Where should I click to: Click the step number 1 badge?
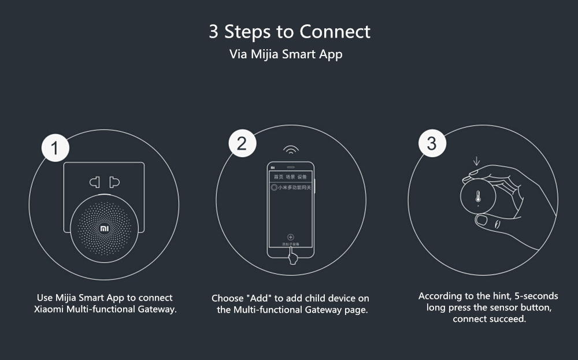coord(55,149)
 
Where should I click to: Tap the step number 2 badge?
coord(242,143)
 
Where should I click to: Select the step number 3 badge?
coord(431,143)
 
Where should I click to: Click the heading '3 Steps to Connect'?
coord(289,31)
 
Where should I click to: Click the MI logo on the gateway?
coord(104,228)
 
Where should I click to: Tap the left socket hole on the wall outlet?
coord(94,183)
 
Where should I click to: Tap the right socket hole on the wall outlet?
coord(114,183)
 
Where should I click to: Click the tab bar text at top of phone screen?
coord(290,177)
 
